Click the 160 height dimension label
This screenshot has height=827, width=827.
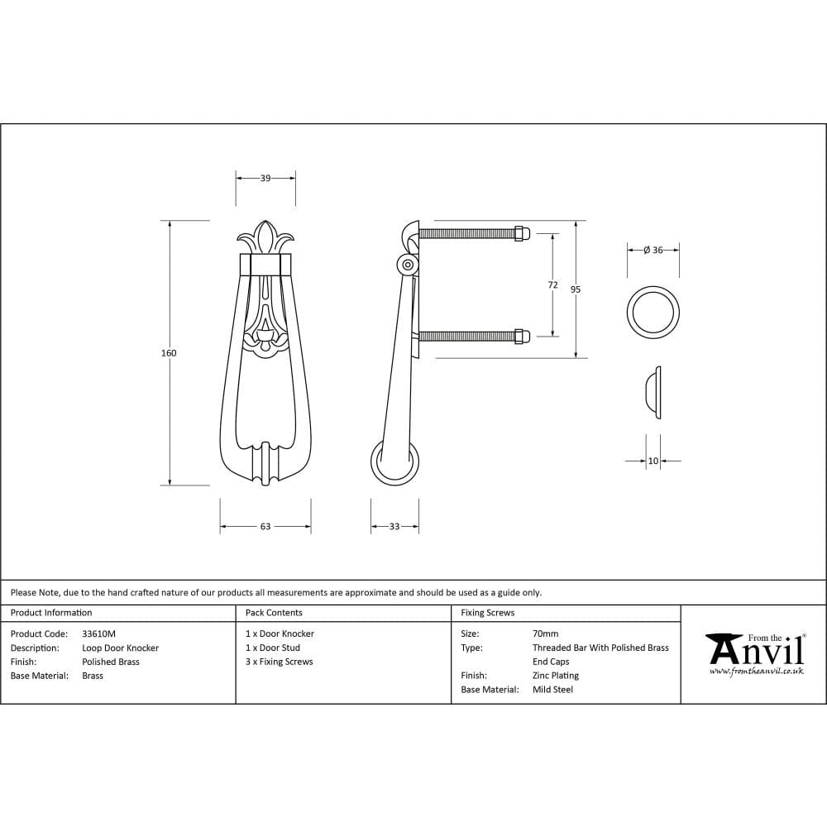pyautogui.click(x=169, y=353)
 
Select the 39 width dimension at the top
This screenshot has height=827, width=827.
pyautogui.click(x=265, y=178)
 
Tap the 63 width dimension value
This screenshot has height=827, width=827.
pyautogui.click(x=265, y=527)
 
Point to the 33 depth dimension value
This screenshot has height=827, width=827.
pyautogui.click(x=394, y=527)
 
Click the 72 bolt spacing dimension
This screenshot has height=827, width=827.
pyautogui.click(x=552, y=284)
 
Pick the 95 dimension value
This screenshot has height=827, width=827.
pyautogui.click(x=576, y=289)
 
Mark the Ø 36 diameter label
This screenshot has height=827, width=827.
pyautogui.click(x=653, y=250)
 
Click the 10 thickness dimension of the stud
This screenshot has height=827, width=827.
pyautogui.click(x=653, y=461)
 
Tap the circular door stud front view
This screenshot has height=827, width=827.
pyautogui.click(x=653, y=313)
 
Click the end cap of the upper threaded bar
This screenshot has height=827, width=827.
pyautogui.click(x=522, y=233)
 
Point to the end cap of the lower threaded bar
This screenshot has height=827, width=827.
pyautogui.click(x=522, y=336)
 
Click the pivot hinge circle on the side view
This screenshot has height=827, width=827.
pyautogui.click(x=407, y=265)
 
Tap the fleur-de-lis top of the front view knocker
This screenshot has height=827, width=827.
pyautogui.click(x=265, y=237)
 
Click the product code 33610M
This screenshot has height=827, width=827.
pyautogui.click(x=99, y=634)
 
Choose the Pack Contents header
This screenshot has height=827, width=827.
pyautogui.click(x=274, y=613)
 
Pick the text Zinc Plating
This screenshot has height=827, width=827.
pyautogui.click(x=556, y=676)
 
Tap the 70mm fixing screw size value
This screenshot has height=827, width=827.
pyautogui.click(x=546, y=634)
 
